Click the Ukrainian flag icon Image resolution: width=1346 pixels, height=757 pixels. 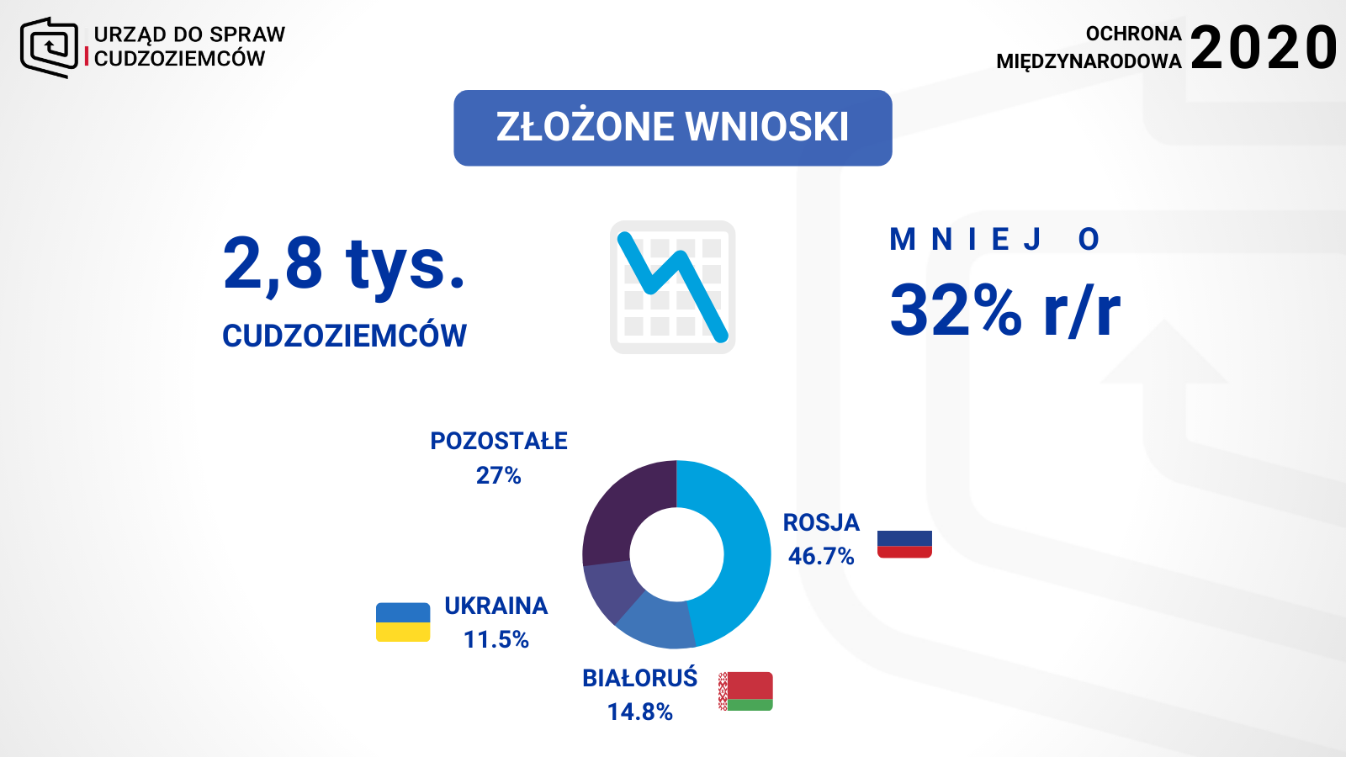403,622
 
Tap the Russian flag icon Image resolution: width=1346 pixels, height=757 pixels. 904,543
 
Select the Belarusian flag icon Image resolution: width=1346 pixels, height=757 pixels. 745,691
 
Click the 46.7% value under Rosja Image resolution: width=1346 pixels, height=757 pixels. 821,556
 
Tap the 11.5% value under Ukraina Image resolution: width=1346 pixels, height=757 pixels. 496,639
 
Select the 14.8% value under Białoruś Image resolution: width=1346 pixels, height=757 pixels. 640,712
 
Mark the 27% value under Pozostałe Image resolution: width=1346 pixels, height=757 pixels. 499,475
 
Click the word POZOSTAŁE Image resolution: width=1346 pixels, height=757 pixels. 499,441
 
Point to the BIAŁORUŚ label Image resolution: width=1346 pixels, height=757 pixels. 640,677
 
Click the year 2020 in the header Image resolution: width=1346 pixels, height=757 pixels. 1263,48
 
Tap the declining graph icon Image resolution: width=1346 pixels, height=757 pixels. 673,287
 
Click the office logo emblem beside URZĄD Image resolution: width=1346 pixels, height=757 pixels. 50,47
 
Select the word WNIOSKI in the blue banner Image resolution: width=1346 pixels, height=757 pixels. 766,127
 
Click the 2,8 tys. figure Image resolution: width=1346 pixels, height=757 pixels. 344,265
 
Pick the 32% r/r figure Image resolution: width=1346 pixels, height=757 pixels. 1005,310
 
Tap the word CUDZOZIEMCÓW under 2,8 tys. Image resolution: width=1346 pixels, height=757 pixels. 344,336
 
